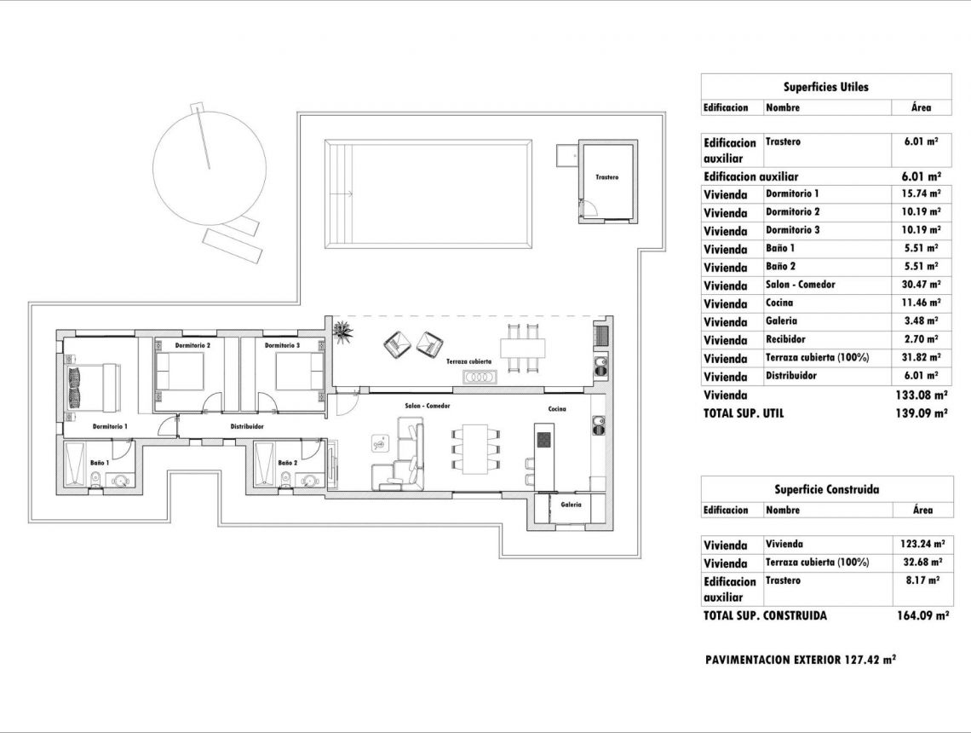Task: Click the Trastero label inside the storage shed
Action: click(x=606, y=177)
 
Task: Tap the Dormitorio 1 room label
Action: click(x=110, y=425)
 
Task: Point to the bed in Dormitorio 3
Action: click(x=299, y=372)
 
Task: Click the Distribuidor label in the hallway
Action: click(x=247, y=425)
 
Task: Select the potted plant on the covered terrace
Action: click(x=342, y=331)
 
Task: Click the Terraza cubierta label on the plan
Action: click(x=468, y=361)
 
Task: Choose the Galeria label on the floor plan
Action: click(x=570, y=505)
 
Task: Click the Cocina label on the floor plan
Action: click(x=557, y=409)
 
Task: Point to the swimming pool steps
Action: click(x=340, y=194)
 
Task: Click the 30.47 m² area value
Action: click(x=922, y=285)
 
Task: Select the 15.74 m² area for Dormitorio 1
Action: click(x=922, y=193)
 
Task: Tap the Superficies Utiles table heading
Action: click(x=825, y=87)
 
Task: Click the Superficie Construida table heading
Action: click(x=825, y=489)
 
